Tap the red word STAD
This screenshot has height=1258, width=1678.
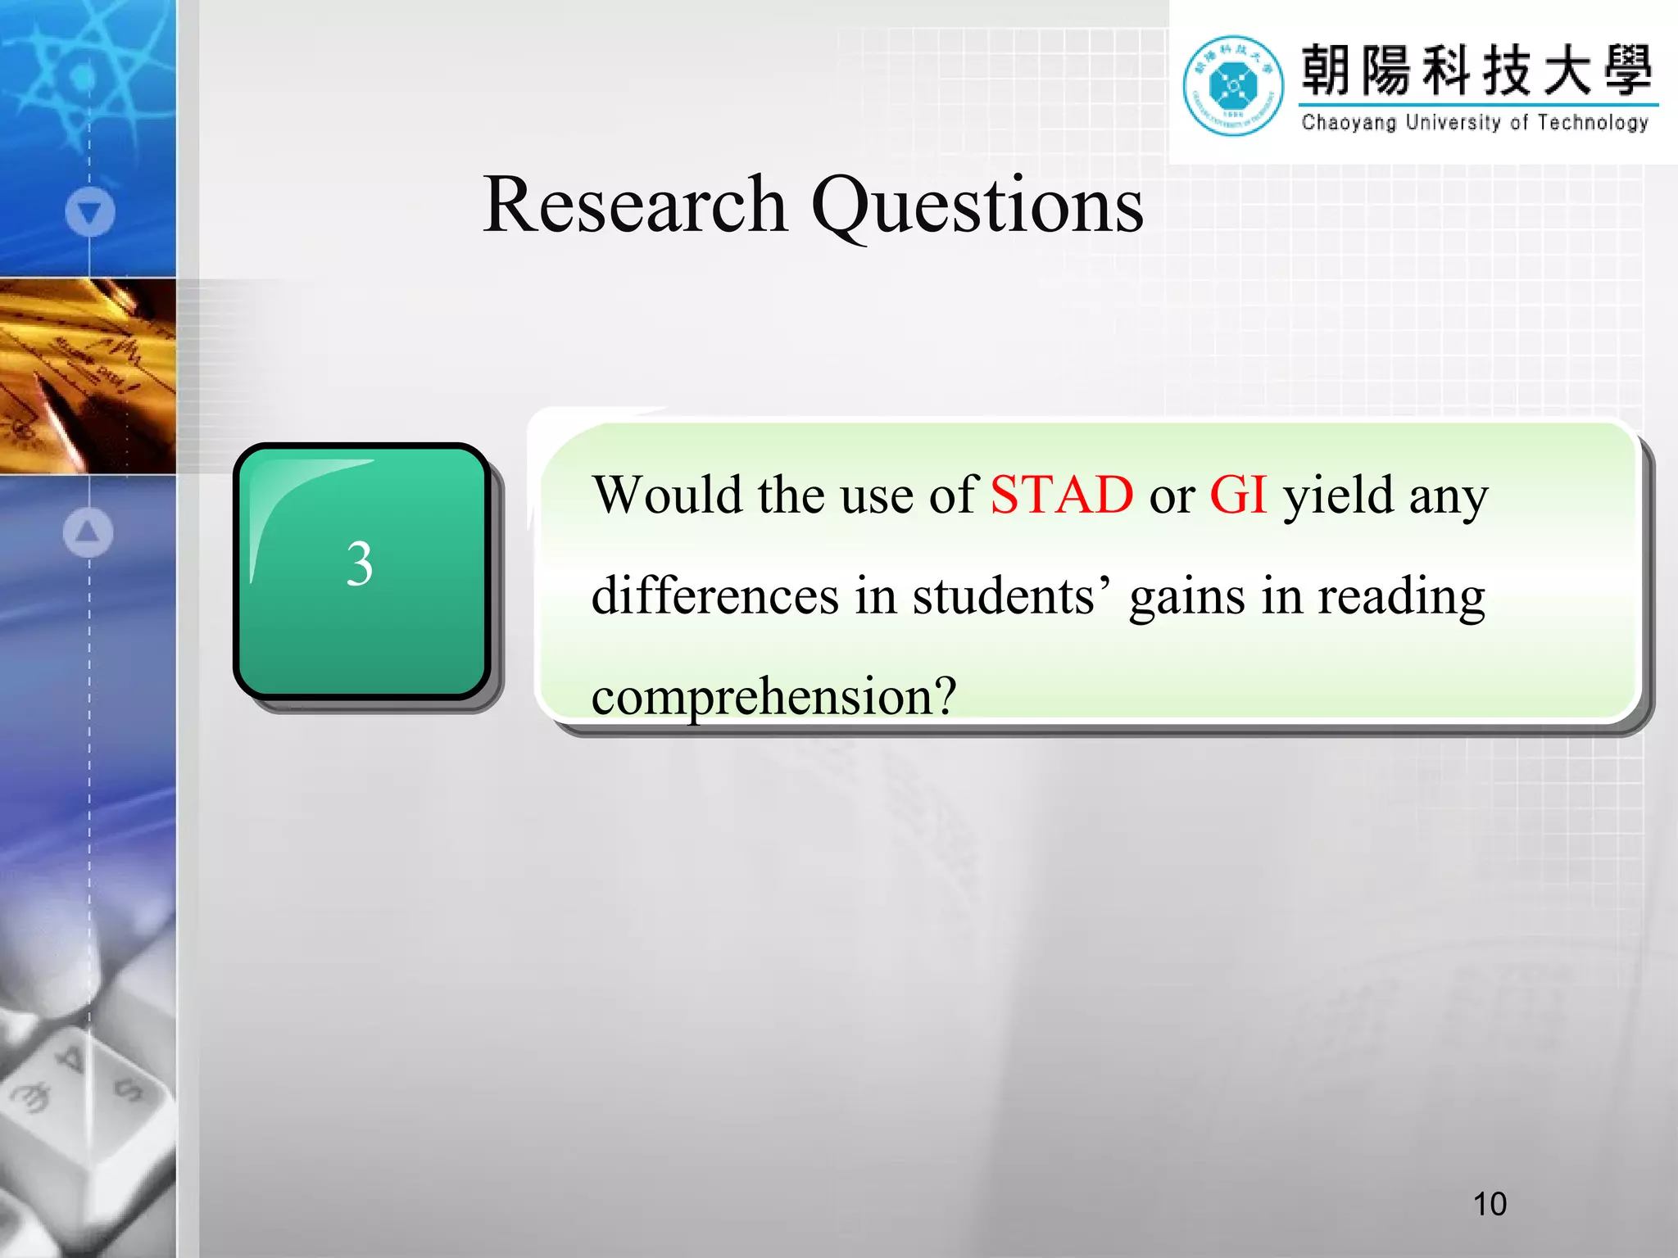coord(1061,495)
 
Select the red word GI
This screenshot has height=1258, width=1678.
coord(1238,495)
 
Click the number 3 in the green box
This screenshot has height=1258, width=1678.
coord(360,564)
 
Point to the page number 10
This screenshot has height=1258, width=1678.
coord(1490,1204)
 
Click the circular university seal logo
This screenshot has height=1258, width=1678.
coord(1233,85)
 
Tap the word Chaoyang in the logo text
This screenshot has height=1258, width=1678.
coord(1349,123)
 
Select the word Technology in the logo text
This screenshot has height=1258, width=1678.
coord(1593,123)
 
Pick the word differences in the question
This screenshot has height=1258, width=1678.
coord(715,595)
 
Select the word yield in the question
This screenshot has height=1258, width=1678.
coord(1338,496)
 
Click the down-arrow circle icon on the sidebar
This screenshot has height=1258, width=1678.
coord(89,212)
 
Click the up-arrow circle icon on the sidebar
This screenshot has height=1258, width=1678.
coord(88,532)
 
